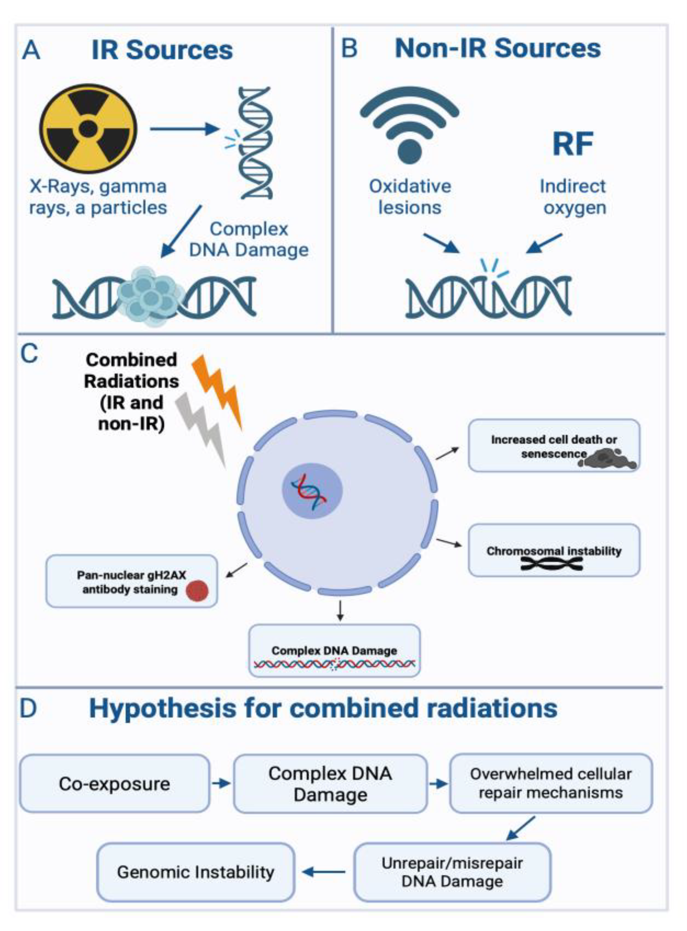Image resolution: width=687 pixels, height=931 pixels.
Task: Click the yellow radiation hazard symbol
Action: coord(88,128)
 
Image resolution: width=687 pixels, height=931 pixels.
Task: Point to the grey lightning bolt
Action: coord(201,428)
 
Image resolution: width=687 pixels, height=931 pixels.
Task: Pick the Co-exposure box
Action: coord(114,784)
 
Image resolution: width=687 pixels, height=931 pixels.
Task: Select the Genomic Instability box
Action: coord(195,872)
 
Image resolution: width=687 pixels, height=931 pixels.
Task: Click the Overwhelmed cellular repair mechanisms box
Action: coord(551,784)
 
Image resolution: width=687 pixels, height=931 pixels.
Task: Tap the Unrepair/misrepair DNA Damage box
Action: coord(452,872)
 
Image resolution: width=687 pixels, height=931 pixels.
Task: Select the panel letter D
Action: coord(28,709)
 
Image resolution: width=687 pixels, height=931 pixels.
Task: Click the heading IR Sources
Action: coord(162,50)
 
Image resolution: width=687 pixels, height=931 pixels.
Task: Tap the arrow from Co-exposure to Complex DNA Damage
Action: coord(221,784)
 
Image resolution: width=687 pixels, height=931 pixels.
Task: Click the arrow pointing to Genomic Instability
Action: coord(324,872)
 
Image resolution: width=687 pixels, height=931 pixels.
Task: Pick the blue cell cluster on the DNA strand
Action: coord(150,296)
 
